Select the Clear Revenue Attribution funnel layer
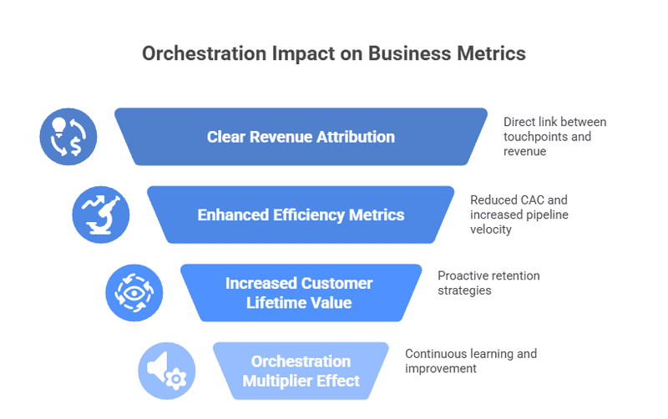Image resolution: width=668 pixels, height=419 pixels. pos(301,137)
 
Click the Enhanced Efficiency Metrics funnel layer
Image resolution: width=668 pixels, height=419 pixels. pos(301,215)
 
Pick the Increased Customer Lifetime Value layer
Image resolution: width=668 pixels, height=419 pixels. pos(301,292)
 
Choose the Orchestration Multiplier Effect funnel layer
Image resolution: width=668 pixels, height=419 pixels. pos(301,371)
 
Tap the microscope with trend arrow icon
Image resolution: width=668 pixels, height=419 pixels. pos(101,215)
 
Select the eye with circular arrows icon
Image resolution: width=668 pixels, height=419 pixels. pos(134,293)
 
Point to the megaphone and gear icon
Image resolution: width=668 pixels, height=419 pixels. pos(166,371)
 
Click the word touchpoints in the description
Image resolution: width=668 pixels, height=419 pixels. pos(534,137)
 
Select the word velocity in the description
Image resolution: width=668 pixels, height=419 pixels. pos(490,230)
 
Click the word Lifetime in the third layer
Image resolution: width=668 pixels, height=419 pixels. pos(277,302)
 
